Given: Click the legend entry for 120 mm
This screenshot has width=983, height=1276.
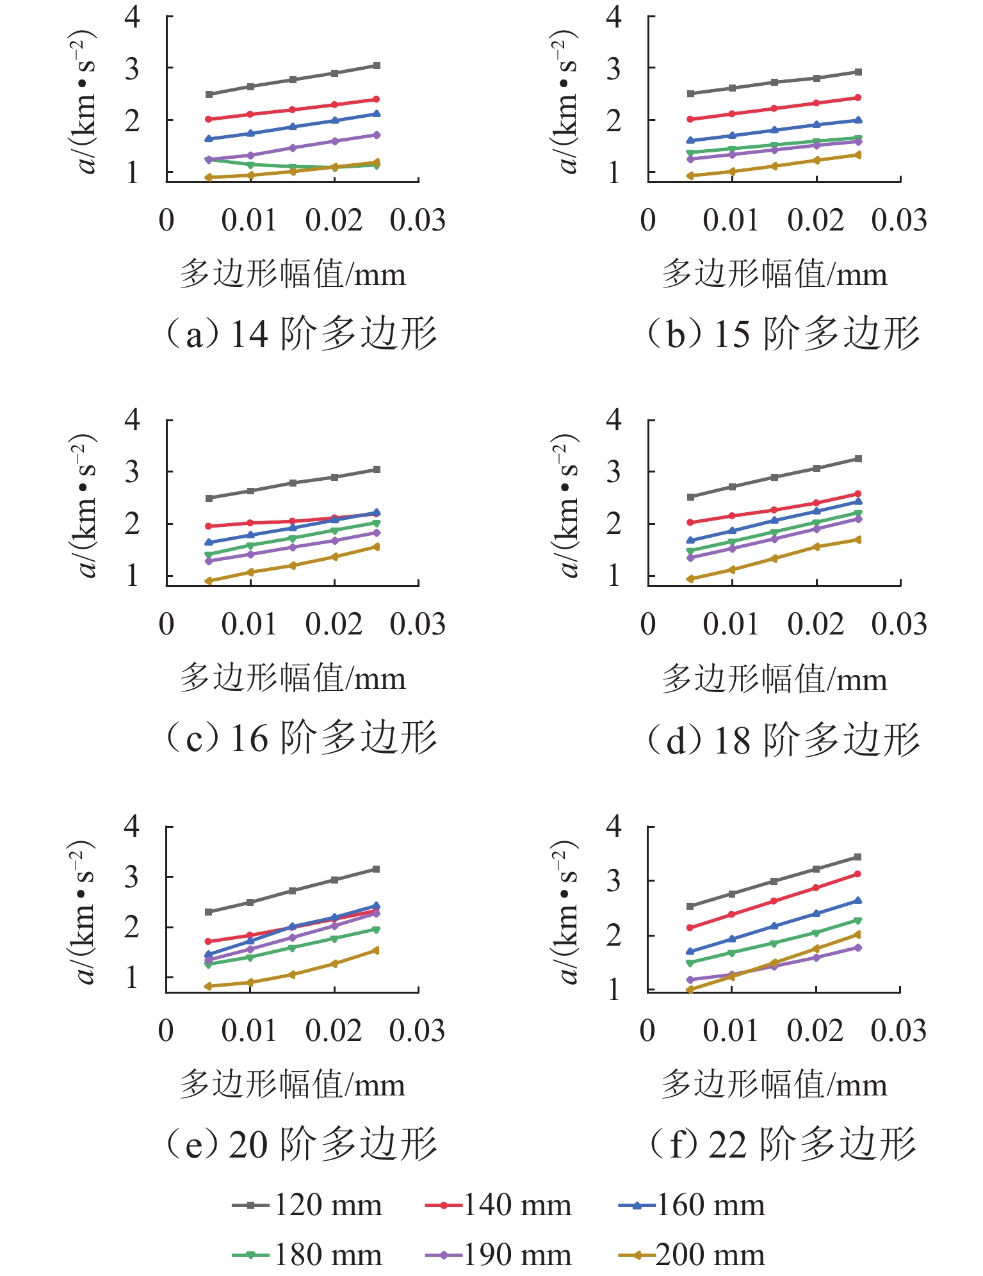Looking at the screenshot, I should (307, 1205).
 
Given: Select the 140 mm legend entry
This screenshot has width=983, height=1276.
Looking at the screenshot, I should (498, 1205).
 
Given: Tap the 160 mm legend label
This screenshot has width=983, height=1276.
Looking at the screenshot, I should (692, 1205).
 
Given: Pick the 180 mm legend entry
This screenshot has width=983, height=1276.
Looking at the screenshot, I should (307, 1255).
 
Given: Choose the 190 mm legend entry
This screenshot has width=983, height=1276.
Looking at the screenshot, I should (498, 1255).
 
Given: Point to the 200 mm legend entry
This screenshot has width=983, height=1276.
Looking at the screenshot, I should (692, 1255).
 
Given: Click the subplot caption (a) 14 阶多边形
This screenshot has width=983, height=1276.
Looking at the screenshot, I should (301, 334).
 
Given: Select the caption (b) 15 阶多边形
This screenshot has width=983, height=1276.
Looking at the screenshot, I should (783, 334).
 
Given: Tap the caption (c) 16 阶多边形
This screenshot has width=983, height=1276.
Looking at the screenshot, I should (301, 738).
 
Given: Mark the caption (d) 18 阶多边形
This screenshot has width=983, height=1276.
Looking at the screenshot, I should (783, 740).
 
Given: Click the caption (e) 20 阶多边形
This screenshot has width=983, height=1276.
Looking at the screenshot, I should (301, 1144).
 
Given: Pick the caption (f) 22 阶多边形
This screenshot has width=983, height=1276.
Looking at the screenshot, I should (783, 1144).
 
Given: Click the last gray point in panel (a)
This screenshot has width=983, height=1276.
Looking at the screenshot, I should (377, 65).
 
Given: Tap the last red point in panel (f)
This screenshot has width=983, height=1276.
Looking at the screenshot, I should (858, 874).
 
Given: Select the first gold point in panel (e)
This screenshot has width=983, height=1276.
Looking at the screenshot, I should (208, 986).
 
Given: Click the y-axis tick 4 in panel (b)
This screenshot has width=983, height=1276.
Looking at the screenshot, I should (613, 17).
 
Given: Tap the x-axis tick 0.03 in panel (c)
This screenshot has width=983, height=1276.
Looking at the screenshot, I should (418, 624).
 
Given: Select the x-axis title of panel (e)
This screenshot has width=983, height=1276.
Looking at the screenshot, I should (293, 1085).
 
